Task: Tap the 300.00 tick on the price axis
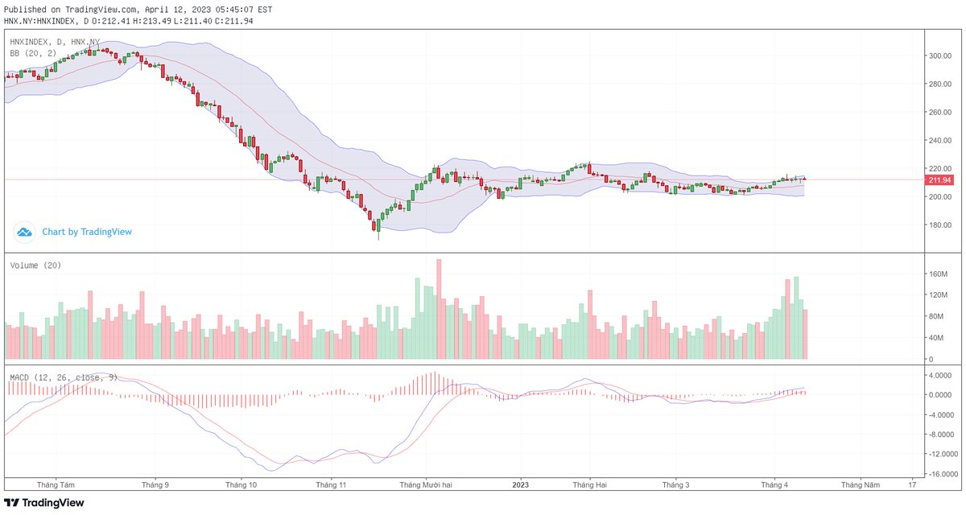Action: [x=941, y=56]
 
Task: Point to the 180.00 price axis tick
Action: [x=941, y=225]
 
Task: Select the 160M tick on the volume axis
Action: [x=939, y=274]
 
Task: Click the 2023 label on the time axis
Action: [x=521, y=485]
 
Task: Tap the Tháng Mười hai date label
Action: [x=426, y=485]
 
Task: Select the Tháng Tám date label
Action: [x=56, y=485]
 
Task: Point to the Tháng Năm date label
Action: [x=861, y=485]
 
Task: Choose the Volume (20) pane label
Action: [x=35, y=266]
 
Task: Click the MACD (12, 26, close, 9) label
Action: [x=64, y=377]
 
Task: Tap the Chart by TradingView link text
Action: [x=87, y=232]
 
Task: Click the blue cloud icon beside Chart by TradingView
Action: [x=24, y=232]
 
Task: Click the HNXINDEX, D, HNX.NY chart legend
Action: [x=55, y=41]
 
